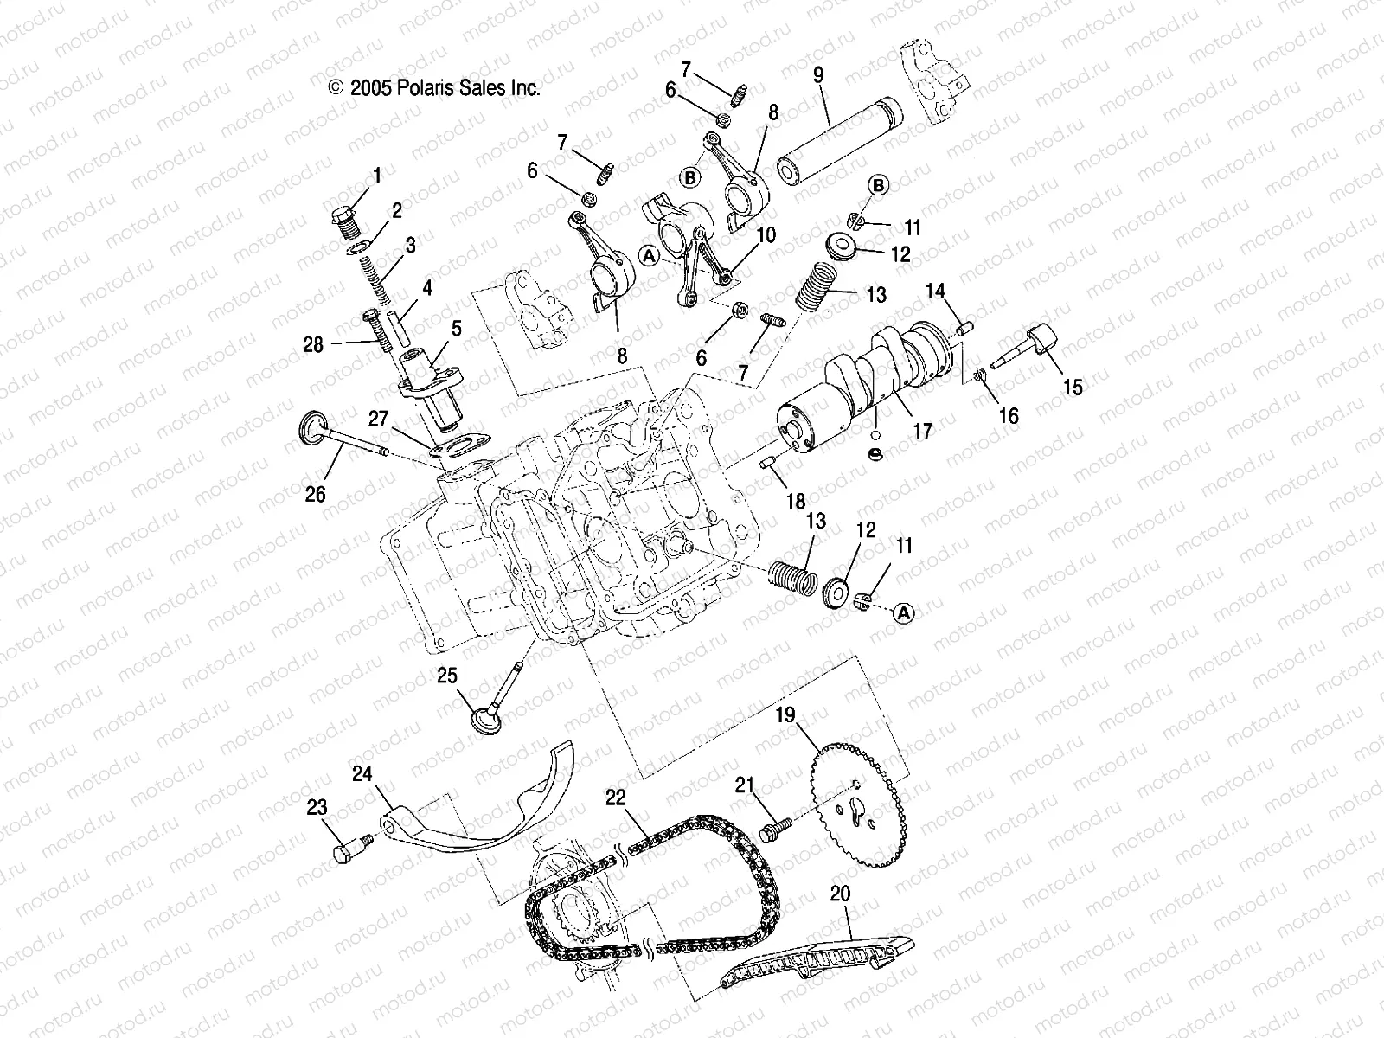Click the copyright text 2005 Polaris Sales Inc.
[x=434, y=87]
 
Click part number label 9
[x=817, y=75]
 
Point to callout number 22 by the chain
[x=615, y=798]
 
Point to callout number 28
[x=313, y=344]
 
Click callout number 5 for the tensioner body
[x=456, y=329]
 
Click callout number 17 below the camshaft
[x=923, y=429]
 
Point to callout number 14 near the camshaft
[x=935, y=292]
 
